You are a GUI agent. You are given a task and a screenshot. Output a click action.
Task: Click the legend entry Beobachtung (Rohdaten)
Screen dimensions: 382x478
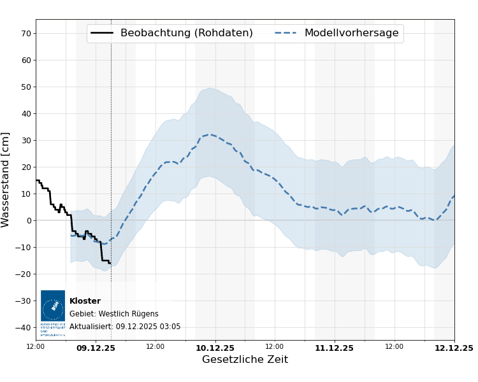pos(186,33)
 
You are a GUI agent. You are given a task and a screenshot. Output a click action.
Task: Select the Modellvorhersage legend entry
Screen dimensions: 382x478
pos(351,33)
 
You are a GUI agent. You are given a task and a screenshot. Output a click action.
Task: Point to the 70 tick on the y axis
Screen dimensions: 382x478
pos(26,33)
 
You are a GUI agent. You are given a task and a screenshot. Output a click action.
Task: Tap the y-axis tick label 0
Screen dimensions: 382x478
pos(28,220)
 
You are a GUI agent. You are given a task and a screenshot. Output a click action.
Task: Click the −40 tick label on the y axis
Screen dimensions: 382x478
pos(24,327)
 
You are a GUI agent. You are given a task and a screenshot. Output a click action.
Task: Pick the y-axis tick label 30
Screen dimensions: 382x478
pos(26,140)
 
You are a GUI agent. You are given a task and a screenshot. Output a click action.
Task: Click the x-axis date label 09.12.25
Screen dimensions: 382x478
pos(96,348)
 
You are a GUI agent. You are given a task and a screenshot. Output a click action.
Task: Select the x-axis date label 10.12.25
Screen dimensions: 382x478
pos(215,348)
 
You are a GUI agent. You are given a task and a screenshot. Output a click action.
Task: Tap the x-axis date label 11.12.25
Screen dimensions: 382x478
pos(334,348)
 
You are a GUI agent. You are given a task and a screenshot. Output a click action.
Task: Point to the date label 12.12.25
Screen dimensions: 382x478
pos(453,348)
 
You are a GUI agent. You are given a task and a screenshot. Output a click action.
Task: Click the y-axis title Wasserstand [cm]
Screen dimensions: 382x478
pos(6,180)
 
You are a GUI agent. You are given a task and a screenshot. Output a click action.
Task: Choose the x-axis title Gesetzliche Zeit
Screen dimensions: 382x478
pos(245,360)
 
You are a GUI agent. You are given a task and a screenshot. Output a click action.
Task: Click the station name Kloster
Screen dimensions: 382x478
pos(85,301)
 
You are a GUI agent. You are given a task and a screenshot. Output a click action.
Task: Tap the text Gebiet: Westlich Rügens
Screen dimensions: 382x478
pos(114,314)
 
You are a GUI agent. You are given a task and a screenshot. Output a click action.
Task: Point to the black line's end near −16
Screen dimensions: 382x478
pos(110,263)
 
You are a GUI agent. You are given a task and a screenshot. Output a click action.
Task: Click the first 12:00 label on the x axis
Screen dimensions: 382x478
pos(36,346)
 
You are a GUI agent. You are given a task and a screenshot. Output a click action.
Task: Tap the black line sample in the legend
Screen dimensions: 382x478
pos(102,33)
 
